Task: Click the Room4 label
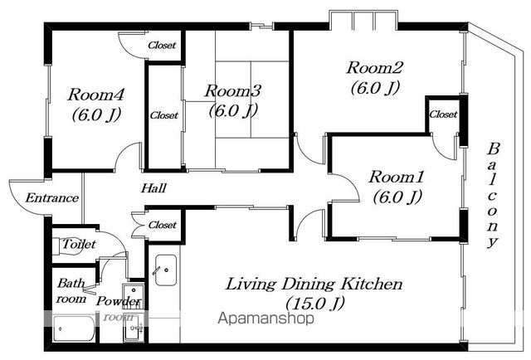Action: [96, 95]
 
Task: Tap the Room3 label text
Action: [233, 90]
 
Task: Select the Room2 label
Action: [374, 67]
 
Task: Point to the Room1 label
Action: [397, 177]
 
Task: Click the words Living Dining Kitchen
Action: [314, 284]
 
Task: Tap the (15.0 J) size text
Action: [315, 304]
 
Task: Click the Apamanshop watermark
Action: [265, 319]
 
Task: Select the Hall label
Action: [153, 188]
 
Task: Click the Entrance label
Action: [52, 197]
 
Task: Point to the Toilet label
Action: [79, 244]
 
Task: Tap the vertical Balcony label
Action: [493, 196]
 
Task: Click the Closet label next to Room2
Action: [443, 114]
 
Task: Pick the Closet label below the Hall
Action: [163, 225]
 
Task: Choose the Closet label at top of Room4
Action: [162, 45]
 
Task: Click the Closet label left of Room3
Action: [164, 115]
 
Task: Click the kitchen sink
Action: [166, 270]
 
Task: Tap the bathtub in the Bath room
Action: [75, 328]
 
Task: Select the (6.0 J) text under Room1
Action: [397, 197]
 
